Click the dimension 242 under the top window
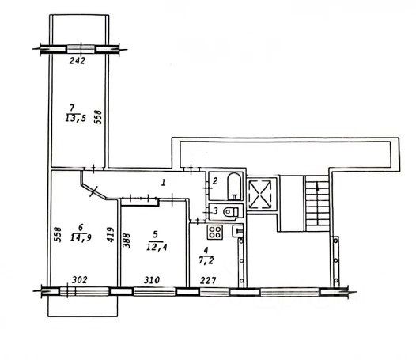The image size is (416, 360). pos(78,61)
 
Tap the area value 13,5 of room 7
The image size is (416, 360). pos(76,118)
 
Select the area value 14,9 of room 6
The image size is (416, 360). pos(81,237)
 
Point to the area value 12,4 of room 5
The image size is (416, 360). pos(157,248)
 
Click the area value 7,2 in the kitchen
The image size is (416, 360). pos(206,260)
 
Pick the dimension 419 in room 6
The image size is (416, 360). pos(110,235)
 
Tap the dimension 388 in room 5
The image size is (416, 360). pos(127,241)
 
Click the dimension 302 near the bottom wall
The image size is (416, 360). pos(80,280)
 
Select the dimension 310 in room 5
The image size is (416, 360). pos(152,280)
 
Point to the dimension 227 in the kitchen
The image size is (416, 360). pos(208,280)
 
